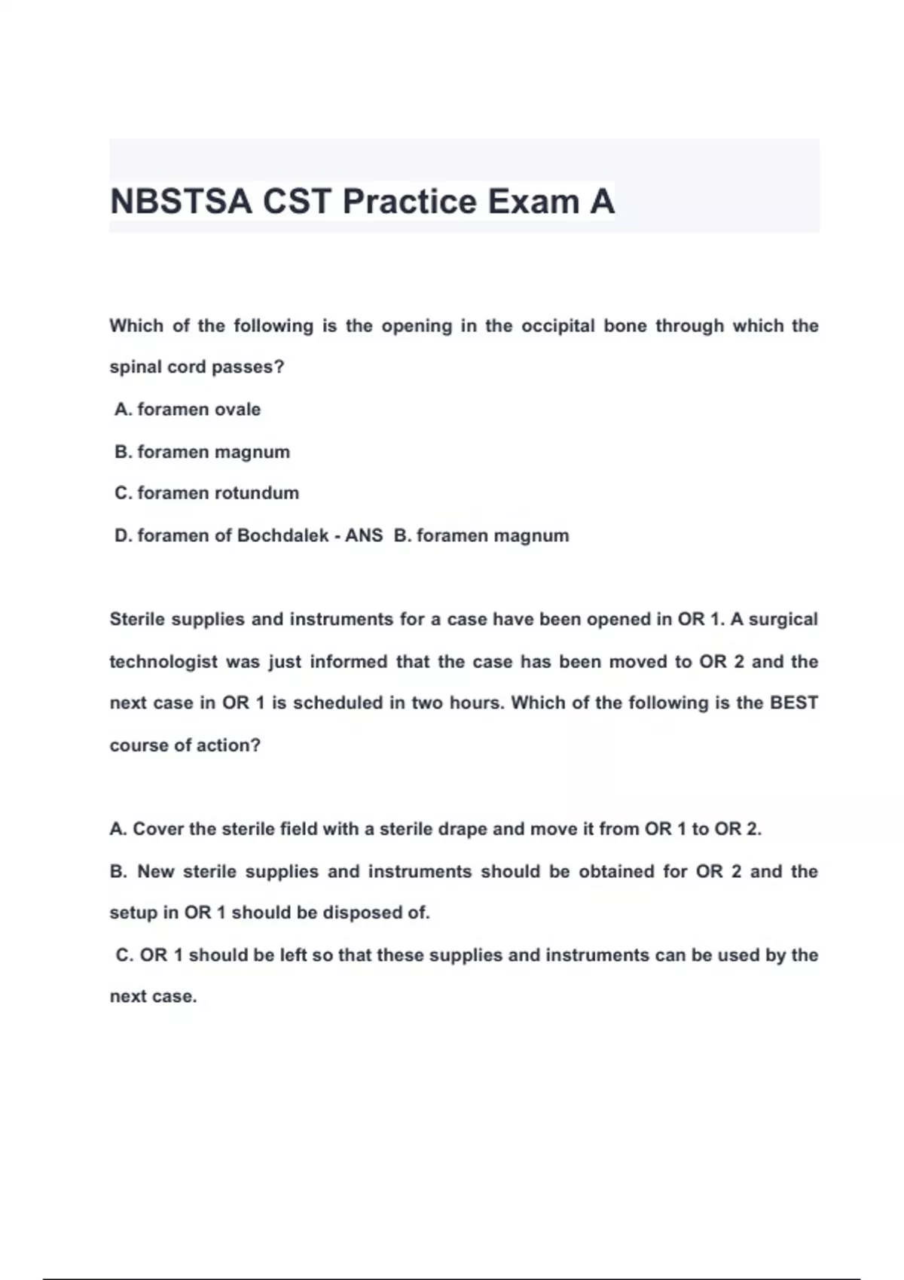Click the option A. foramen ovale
point(188,410)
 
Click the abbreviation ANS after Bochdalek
point(364,535)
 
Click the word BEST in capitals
point(793,703)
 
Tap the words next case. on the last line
point(153,996)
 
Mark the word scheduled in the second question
point(337,703)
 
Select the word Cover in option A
point(158,829)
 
